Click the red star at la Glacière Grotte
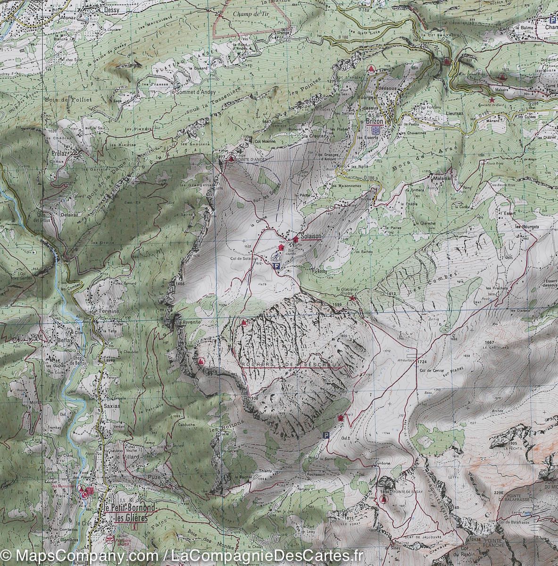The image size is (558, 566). pyautogui.click(x=352, y=298)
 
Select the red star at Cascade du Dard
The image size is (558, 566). pyautogui.click(x=492, y=100)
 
